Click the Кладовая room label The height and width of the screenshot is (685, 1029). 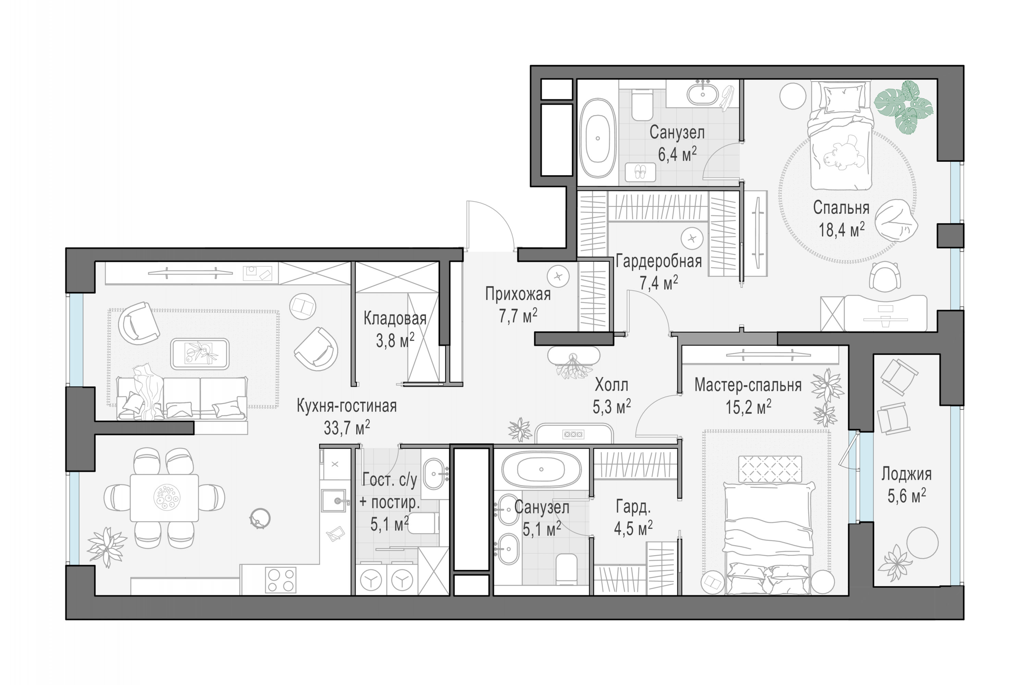[x=394, y=319]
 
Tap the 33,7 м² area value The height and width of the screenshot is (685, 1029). [x=346, y=428]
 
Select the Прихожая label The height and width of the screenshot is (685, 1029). [x=518, y=294]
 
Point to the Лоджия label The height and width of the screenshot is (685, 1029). [x=906, y=474]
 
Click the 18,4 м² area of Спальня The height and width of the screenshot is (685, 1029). [x=842, y=229]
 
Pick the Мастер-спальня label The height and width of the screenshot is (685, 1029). [x=748, y=385]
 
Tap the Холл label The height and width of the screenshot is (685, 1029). [x=611, y=385]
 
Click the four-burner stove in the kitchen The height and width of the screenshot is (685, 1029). [x=281, y=580]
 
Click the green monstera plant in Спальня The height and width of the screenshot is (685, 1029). [x=904, y=107]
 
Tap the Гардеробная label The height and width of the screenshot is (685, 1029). [x=659, y=261]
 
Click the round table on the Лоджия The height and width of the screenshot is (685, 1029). [x=922, y=543]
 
